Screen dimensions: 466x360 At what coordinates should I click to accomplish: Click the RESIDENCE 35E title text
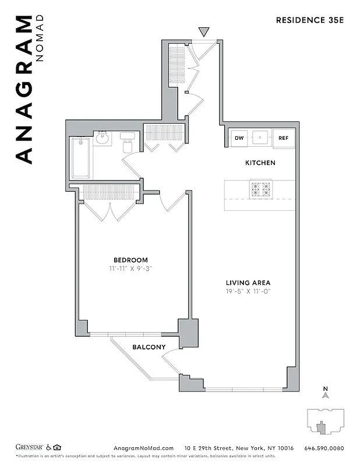[x=310, y=20]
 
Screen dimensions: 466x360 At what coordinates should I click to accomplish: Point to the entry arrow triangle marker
[x=203, y=31]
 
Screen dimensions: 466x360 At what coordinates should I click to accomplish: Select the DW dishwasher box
[x=239, y=138]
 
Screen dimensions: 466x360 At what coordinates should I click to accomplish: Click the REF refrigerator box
[x=283, y=138]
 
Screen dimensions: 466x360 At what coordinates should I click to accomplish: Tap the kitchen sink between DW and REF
[x=260, y=138]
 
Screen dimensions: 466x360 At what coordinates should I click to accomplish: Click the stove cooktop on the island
[x=260, y=189]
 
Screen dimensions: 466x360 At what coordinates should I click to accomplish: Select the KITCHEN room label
[x=260, y=163]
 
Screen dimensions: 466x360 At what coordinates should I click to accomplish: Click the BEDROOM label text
[x=130, y=260]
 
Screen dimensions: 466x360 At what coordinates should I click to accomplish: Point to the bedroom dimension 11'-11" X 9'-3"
[x=130, y=269]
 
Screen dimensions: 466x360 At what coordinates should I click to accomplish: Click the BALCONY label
[x=149, y=347]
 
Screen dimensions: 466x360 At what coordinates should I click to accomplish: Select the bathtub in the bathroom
[x=80, y=158]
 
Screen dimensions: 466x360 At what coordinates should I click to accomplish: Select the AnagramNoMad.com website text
[x=141, y=448]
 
